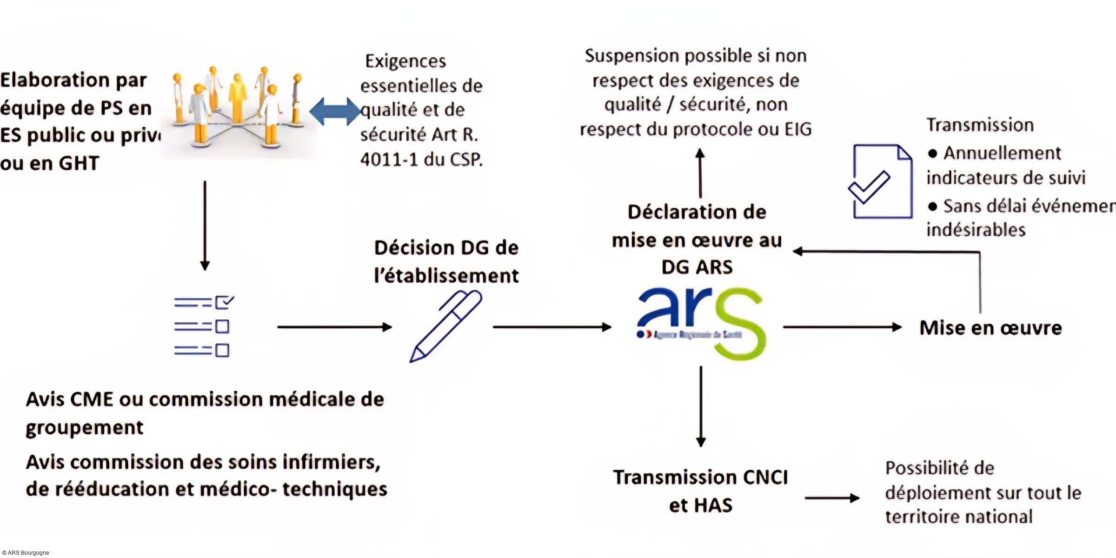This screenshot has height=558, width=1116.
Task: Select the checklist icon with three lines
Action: tap(204, 326)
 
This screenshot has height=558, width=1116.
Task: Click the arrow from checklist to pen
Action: tap(334, 327)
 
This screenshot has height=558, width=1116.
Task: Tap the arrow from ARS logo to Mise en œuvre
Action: tap(842, 327)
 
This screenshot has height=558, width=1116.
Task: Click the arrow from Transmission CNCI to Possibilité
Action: tap(832, 498)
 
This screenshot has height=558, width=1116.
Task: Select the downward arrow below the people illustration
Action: tap(205, 226)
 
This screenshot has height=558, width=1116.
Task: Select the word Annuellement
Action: tap(1002, 153)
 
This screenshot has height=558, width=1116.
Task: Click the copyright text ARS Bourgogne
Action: tap(26, 553)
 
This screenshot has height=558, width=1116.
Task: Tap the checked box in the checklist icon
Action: tap(224, 302)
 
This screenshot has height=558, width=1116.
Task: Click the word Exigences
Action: tap(405, 61)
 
